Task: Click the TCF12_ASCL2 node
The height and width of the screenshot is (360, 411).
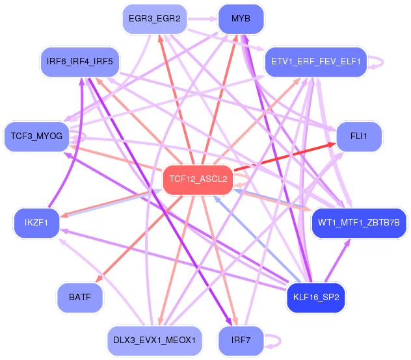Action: coord(198,179)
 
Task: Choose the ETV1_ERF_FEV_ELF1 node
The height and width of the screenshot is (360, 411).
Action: coord(315,62)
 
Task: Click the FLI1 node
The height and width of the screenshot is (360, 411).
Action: coord(359,137)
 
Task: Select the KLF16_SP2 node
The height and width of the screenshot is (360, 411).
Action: coord(316,298)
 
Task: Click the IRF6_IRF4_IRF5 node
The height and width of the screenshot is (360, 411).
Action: coord(80,62)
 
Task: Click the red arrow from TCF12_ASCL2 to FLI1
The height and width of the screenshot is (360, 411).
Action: coord(286,160)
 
